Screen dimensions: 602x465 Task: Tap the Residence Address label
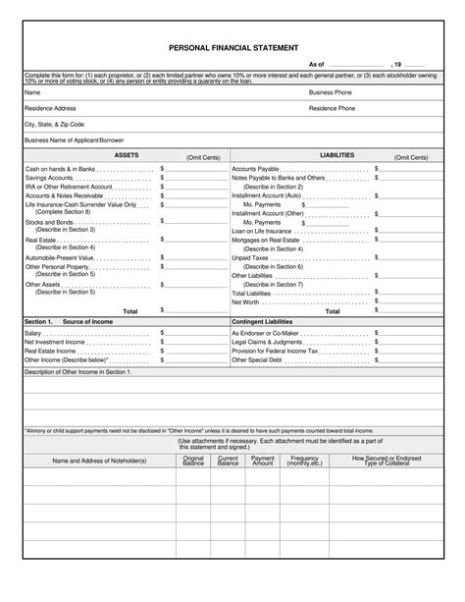[50, 108]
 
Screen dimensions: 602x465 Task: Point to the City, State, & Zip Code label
[55, 125]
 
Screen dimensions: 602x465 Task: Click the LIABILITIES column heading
[336, 155]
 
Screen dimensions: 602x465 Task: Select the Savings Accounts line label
[51, 177]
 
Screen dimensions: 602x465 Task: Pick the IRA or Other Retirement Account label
[68, 186]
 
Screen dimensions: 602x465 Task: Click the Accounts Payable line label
[255, 168]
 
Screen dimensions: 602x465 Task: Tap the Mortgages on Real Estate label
[265, 240]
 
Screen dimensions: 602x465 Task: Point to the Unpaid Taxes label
[251, 257]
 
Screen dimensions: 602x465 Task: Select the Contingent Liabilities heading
[266, 321]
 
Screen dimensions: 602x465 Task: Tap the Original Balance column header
[193, 460]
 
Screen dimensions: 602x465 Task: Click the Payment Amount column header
[262, 460]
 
